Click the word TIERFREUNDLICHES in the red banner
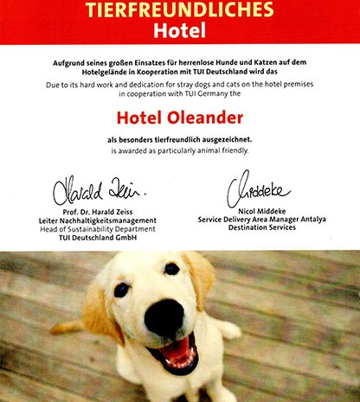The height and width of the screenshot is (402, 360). pos(180,11)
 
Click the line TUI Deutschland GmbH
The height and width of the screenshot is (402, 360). pos(94,239)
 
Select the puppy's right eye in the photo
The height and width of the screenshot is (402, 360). pos(171,269)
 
